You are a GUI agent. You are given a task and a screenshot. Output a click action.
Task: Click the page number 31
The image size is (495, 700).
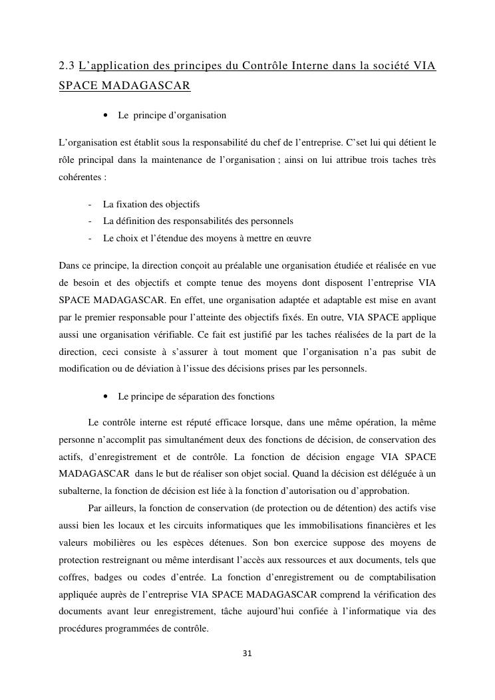247,653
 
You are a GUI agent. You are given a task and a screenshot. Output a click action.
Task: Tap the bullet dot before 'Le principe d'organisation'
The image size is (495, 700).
106,116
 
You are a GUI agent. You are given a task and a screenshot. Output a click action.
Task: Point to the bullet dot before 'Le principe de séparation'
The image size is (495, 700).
106,397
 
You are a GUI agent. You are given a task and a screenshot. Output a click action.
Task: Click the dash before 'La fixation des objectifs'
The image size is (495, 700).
88,205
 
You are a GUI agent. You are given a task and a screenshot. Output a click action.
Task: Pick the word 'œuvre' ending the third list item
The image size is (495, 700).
299,238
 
